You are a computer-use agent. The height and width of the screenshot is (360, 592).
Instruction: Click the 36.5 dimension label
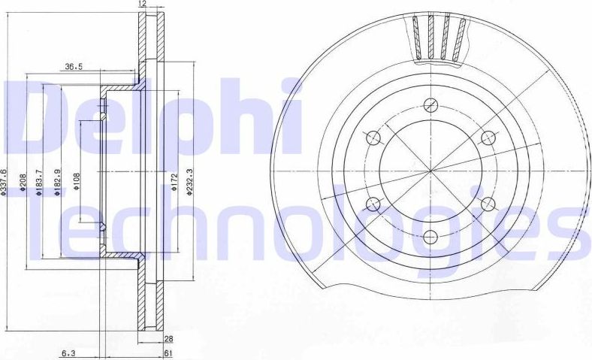(73, 67)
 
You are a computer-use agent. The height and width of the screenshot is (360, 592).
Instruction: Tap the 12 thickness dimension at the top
(142, 5)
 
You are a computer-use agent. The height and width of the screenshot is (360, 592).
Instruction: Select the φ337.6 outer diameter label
(5, 182)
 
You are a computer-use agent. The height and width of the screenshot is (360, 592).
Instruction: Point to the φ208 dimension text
(24, 183)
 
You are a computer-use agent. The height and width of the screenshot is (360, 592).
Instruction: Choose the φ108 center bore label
(77, 182)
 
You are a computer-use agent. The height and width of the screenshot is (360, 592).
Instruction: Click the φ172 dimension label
(174, 183)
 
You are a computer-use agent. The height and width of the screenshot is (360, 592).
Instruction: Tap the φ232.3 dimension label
(190, 182)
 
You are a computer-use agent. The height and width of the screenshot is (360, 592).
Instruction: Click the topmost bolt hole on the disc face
(430, 104)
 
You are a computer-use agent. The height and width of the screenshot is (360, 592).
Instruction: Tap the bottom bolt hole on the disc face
(430, 237)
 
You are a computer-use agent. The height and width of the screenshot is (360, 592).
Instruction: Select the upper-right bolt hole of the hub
(488, 138)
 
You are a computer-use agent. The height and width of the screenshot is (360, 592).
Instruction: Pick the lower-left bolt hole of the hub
(373, 204)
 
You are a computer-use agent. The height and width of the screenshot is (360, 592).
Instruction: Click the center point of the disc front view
(430, 171)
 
